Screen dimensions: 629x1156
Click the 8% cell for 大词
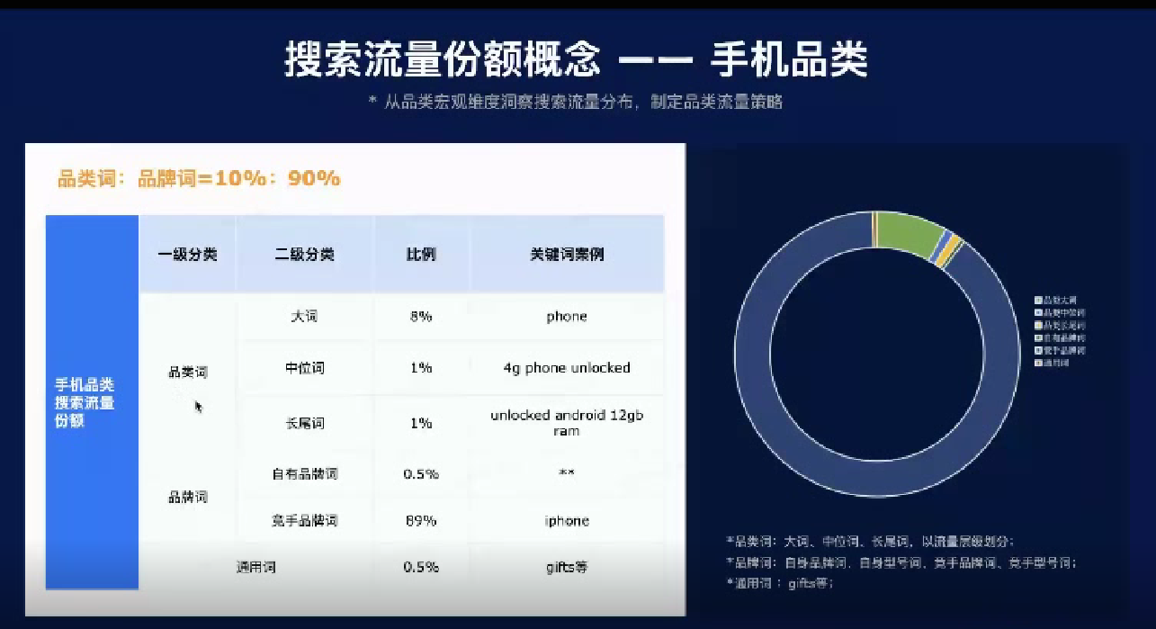pos(420,317)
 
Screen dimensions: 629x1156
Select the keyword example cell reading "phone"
pos(566,317)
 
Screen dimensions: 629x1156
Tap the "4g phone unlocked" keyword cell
pos(566,368)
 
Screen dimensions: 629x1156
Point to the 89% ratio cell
pos(420,521)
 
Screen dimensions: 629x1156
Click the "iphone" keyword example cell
pos(566,521)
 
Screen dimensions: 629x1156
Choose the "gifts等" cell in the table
pos(566,568)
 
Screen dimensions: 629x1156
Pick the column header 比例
pos(420,255)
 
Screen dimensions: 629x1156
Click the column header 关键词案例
pos(566,255)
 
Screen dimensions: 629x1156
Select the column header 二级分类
pos(304,255)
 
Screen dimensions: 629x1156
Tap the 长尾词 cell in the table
pos(304,423)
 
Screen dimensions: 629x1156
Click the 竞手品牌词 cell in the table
pos(304,521)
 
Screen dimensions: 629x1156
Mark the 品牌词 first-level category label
pos(187,497)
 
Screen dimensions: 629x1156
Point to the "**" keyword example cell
pos(566,474)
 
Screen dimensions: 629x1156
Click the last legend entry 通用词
pos(1056,363)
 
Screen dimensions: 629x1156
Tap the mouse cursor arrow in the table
pos(198,406)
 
